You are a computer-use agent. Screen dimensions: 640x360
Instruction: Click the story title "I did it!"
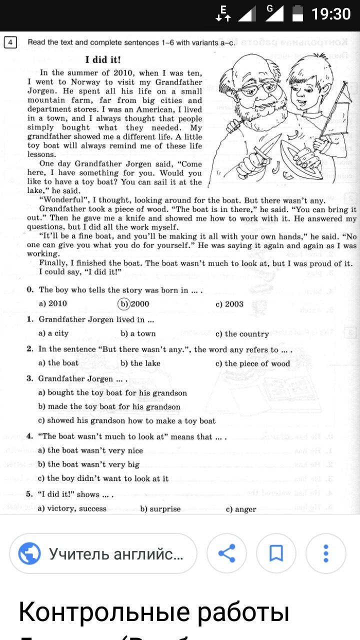click(103, 60)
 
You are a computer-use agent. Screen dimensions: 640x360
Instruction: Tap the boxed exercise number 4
click(10, 42)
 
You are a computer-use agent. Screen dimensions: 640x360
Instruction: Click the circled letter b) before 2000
click(123, 303)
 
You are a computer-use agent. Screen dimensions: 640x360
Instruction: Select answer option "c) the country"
click(242, 333)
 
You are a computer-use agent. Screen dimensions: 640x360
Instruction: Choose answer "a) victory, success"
click(72, 508)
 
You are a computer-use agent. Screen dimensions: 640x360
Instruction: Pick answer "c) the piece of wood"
click(252, 363)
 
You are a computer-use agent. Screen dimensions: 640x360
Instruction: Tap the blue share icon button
click(226, 553)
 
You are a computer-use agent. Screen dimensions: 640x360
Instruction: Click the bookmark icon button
click(276, 553)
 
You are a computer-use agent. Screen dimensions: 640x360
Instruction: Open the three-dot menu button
click(325, 553)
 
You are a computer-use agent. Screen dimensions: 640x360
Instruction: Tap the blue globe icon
click(29, 553)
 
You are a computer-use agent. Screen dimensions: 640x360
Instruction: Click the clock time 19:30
click(331, 14)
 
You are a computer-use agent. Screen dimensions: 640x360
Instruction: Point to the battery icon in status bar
click(297, 13)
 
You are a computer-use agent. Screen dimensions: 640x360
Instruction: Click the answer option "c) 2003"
click(229, 303)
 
